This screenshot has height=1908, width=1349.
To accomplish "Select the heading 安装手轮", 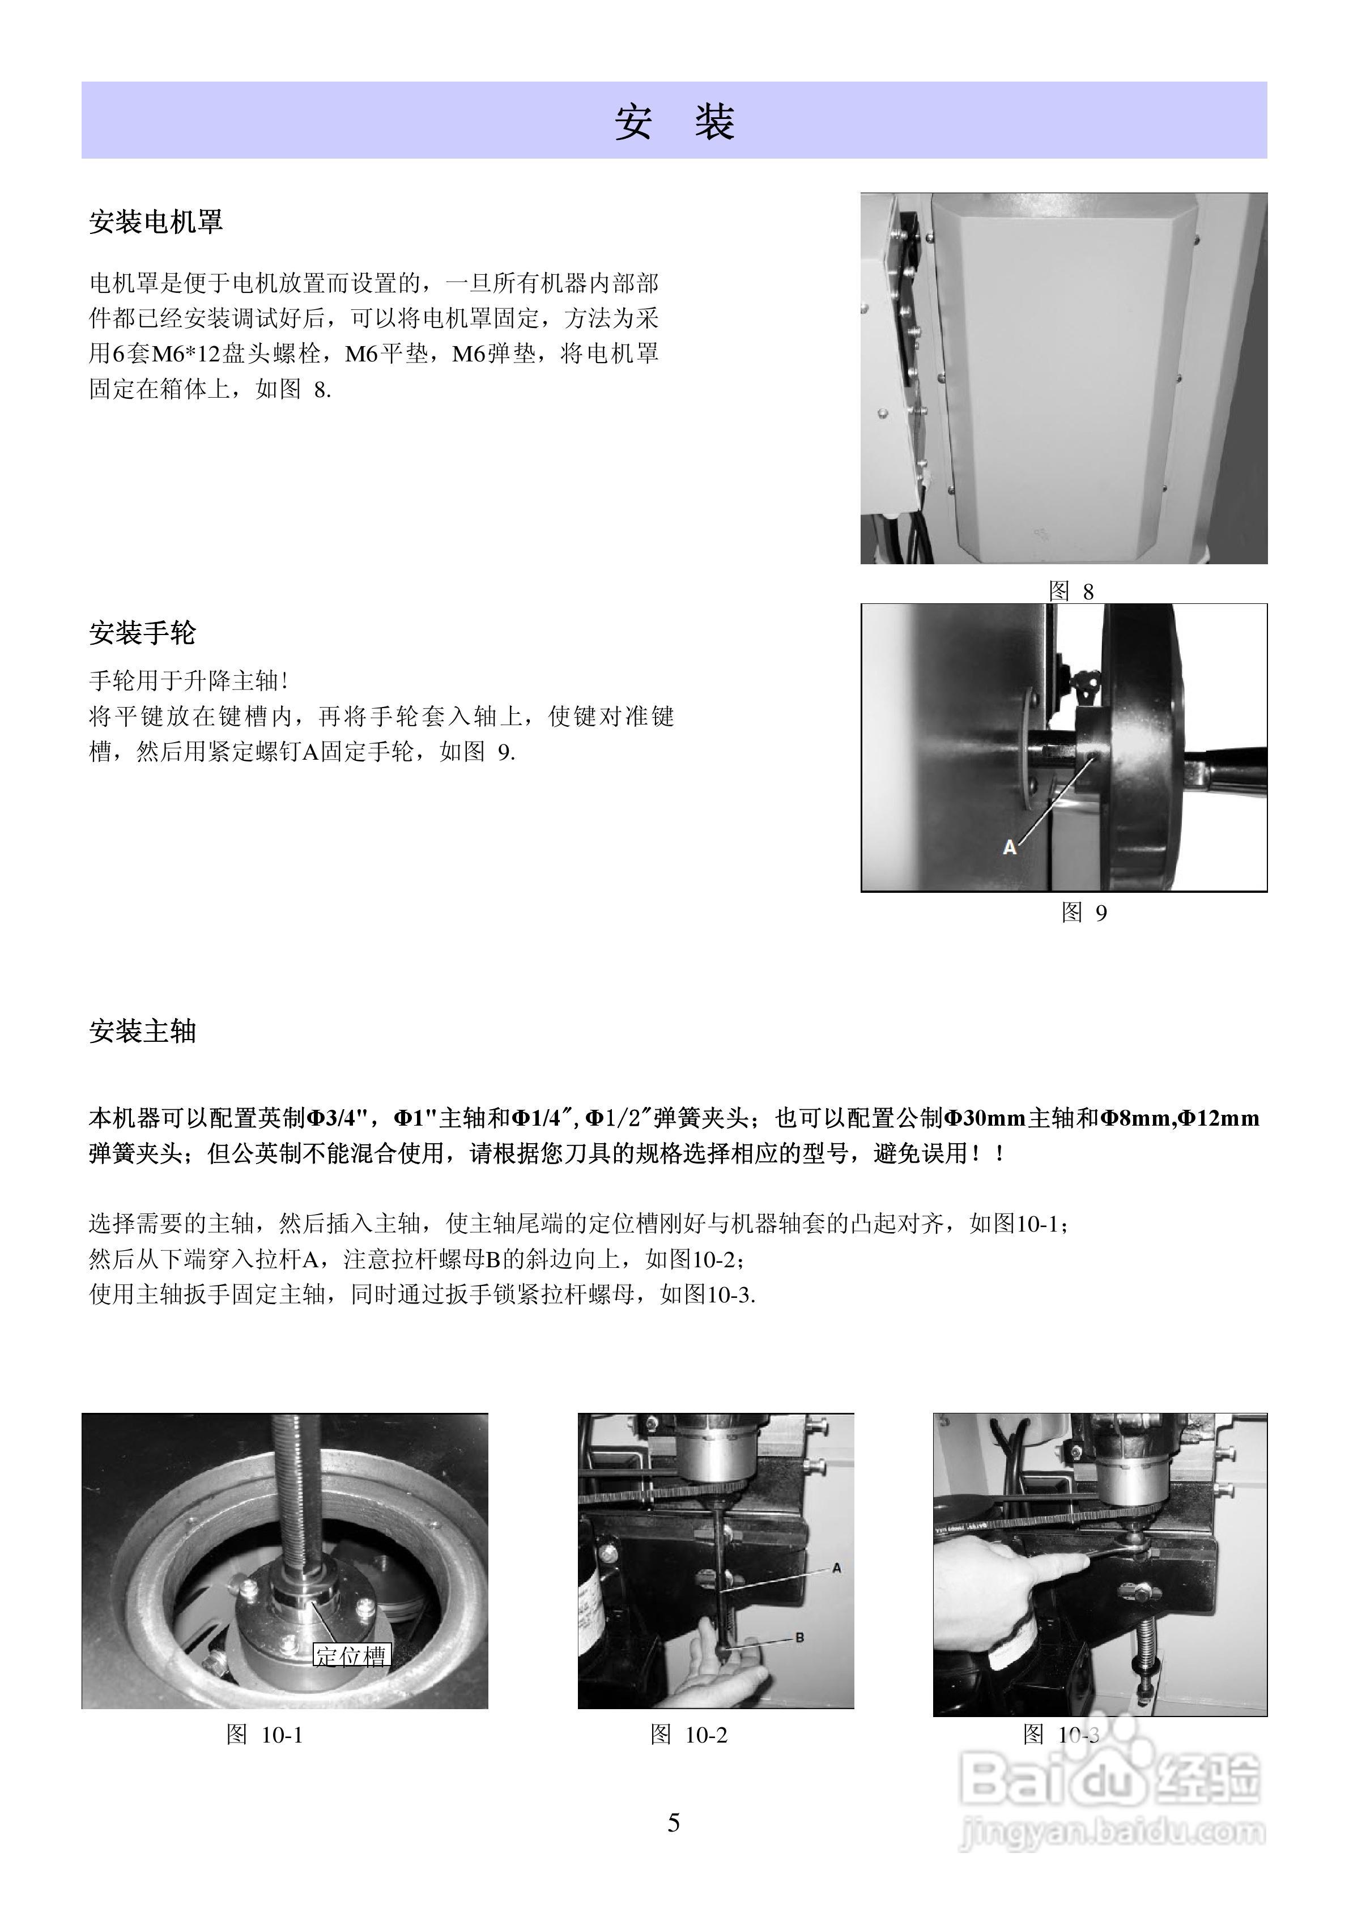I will [142, 633].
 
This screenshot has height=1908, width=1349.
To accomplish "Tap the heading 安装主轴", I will [142, 1031].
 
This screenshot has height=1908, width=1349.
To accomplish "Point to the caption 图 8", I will [1071, 591].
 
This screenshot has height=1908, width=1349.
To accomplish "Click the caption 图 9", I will [1084, 913].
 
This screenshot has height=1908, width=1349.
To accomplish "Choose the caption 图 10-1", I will [265, 1734].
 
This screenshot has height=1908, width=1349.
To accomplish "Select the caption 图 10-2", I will [688, 1734].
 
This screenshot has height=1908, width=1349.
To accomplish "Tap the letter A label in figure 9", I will [1010, 847].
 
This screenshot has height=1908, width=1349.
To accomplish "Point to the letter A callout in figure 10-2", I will [836, 1568].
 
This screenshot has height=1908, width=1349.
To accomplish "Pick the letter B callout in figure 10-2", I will [799, 1637].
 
